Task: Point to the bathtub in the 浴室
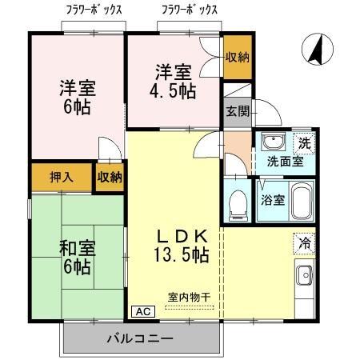pos(301,199)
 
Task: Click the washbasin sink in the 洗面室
pos(274,144)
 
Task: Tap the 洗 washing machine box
pos(304,143)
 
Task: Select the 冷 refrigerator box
pos(304,239)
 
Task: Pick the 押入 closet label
pos(62,177)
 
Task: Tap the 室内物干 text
pos(189,297)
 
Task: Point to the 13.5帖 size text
pos(182,255)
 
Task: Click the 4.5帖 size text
pos(174,90)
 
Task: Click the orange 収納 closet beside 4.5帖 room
pos(237,57)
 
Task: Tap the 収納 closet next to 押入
pos(110,177)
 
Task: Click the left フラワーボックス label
pos(94,10)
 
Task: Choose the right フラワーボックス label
pos(189,10)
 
